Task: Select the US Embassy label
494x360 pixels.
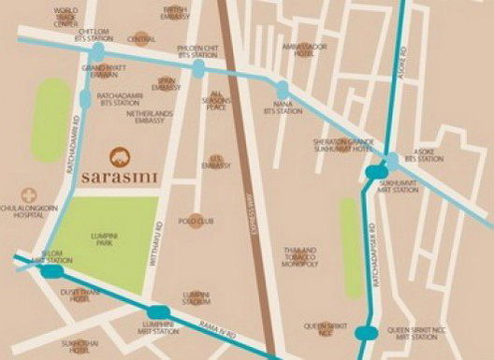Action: pyautogui.click(x=221, y=165)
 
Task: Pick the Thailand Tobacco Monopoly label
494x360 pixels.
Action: pyautogui.click(x=300, y=257)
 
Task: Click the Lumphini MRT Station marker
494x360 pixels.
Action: pyautogui.click(x=159, y=312)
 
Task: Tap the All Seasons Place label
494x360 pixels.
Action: pyautogui.click(x=217, y=100)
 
